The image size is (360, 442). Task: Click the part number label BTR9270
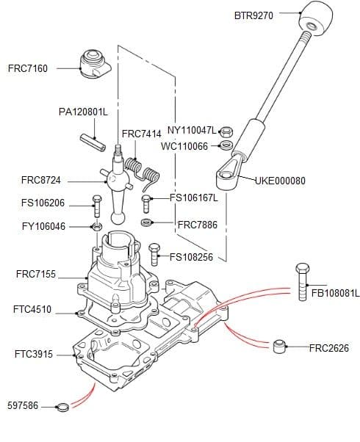pyautogui.click(x=253, y=15)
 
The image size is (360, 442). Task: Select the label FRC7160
pyautogui.click(x=28, y=68)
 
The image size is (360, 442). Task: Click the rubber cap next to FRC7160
pyautogui.click(x=93, y=63)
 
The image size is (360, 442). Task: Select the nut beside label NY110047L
pyautogui.click(x=226, y=132)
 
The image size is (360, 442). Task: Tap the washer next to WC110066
pyautogui.click(x=226, y=145)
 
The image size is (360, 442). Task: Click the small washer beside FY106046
pyautogui.click(x=96, y=226)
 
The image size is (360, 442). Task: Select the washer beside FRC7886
pyautogui.click(x=147, y=222)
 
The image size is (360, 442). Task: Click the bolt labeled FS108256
pyautogui.click(x=154, y=254)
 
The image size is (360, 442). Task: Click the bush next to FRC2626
pyautogui.click(x=279, y=346)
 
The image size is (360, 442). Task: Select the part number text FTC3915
pyautogui.click(x=33, y=354)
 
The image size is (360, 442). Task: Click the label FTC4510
pyautogui.click(x=32, y=310)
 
